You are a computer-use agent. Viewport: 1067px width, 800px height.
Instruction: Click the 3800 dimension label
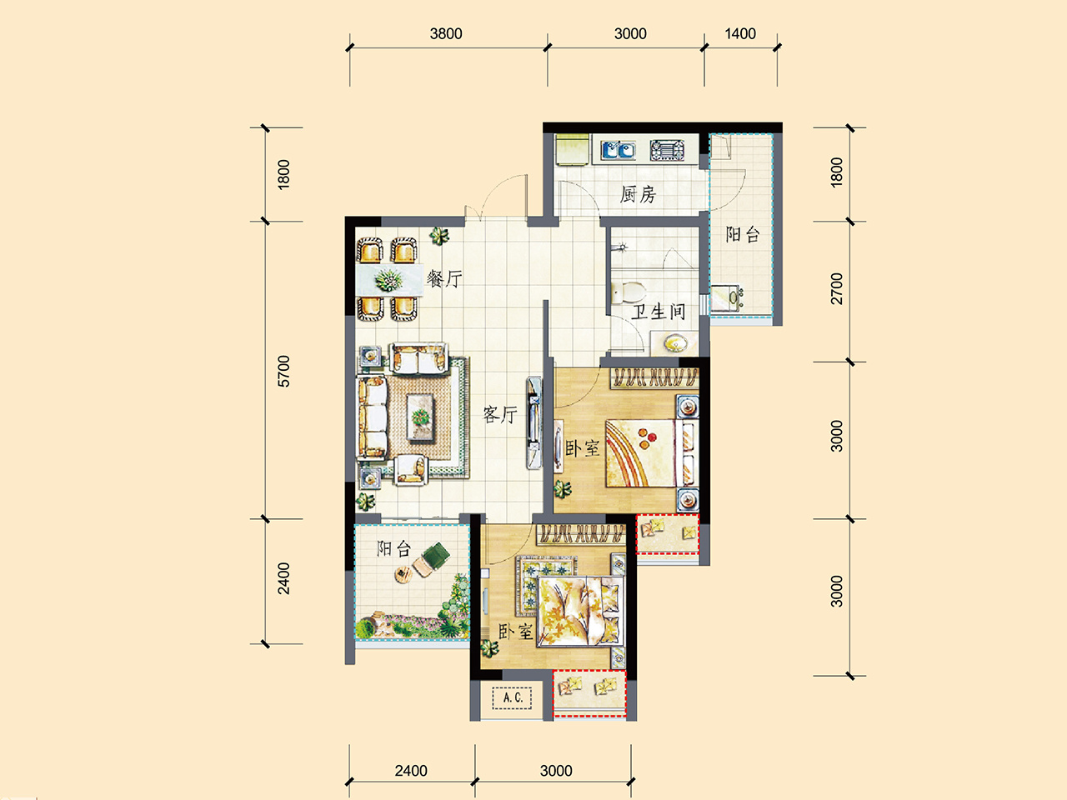tap(446, 34)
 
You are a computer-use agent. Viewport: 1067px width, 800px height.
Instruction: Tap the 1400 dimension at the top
tap(740, 34)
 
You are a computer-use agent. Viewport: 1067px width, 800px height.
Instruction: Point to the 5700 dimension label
tap(283, 371)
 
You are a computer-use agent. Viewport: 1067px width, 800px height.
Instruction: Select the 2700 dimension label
tap(836, 288)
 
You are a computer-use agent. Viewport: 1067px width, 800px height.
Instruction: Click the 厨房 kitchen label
tap(638, 194)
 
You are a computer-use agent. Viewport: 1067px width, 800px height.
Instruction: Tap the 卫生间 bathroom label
tap(659, 312)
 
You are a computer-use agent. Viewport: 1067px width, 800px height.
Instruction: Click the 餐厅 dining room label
tap(444, 279)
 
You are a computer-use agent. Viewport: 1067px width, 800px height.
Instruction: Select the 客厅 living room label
tap(500, 414)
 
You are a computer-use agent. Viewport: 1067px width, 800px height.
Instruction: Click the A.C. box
tap(513, 698)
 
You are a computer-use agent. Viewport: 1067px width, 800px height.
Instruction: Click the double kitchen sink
tap(618, 150)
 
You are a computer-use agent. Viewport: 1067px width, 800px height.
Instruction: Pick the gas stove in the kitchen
tap(668, 150)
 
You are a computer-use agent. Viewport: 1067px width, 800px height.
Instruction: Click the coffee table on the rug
tap(420, 417)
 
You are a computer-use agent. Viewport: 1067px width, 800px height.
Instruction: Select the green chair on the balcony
tap(434, 554)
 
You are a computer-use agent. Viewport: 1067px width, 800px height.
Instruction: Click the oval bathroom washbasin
tap(676, 343)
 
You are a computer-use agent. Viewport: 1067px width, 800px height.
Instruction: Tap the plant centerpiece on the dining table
tap(388, 280)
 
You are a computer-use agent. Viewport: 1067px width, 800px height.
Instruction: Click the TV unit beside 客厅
tap(533, 422)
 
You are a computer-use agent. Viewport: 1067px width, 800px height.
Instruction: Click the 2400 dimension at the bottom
tap(411, 771)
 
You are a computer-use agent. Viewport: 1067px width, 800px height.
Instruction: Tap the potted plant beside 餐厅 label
tap(439, 237)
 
